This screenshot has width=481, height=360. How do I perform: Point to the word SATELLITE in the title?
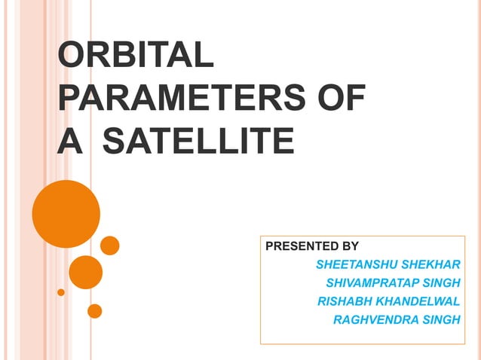(198, 140)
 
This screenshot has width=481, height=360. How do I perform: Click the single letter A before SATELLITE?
(69, 140)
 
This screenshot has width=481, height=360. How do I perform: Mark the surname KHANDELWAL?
(418, 301)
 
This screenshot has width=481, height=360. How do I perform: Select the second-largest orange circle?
(85, 272)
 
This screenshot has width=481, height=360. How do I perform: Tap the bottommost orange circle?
(95, 310)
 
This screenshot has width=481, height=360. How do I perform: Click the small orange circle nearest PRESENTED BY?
(110, 246)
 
